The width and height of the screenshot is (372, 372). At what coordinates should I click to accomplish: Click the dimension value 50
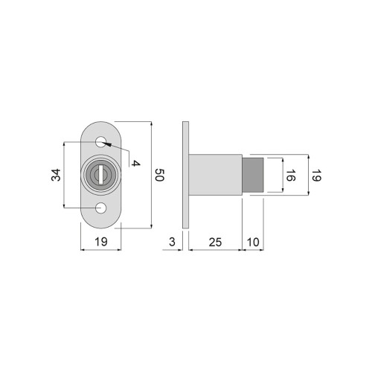(x=160, y=175)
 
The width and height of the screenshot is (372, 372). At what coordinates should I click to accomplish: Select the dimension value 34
(x=56, y=175)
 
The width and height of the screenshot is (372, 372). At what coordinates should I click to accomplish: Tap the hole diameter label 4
(x=135, y=163)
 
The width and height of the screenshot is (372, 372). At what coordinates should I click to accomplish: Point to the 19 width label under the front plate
(x=101, y=242)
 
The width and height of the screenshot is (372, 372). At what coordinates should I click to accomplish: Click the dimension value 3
(x=172, y=242)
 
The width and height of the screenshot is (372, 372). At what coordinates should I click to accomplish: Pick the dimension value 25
(x=215, y=242)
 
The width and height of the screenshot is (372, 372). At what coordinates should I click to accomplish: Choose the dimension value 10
(x=253, y=242)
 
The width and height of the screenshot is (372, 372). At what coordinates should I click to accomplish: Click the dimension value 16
(x=290, y=175)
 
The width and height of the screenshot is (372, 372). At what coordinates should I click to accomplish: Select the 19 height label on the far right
(x=316, y=175)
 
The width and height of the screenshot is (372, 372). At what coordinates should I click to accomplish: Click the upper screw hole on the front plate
(x=100, y=143)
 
